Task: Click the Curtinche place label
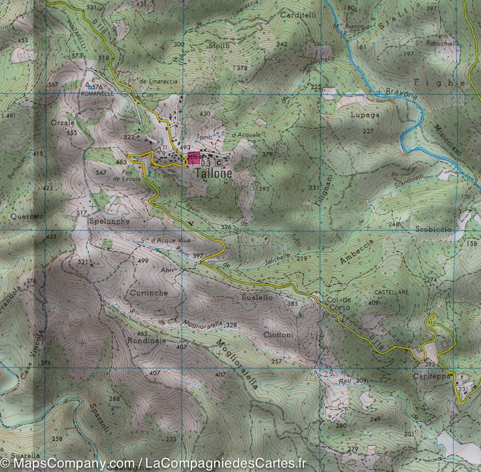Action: click(x=149, y=293)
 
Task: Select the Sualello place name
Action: click(x=257, y=298)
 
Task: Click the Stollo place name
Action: click(x=219, y=46)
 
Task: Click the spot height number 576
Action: click(x=98, y=87)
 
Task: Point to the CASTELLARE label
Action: click(x=392, y=292)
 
